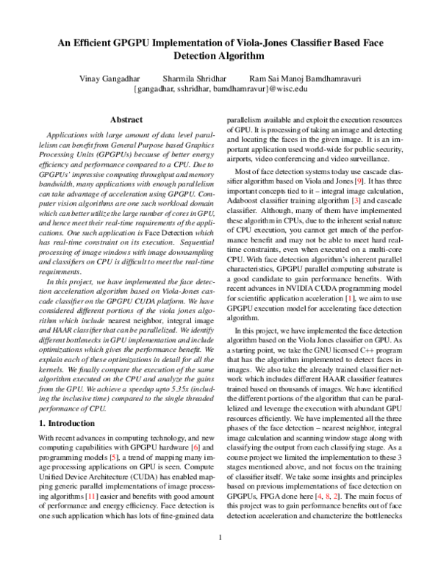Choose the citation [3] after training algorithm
click(356, 201)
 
